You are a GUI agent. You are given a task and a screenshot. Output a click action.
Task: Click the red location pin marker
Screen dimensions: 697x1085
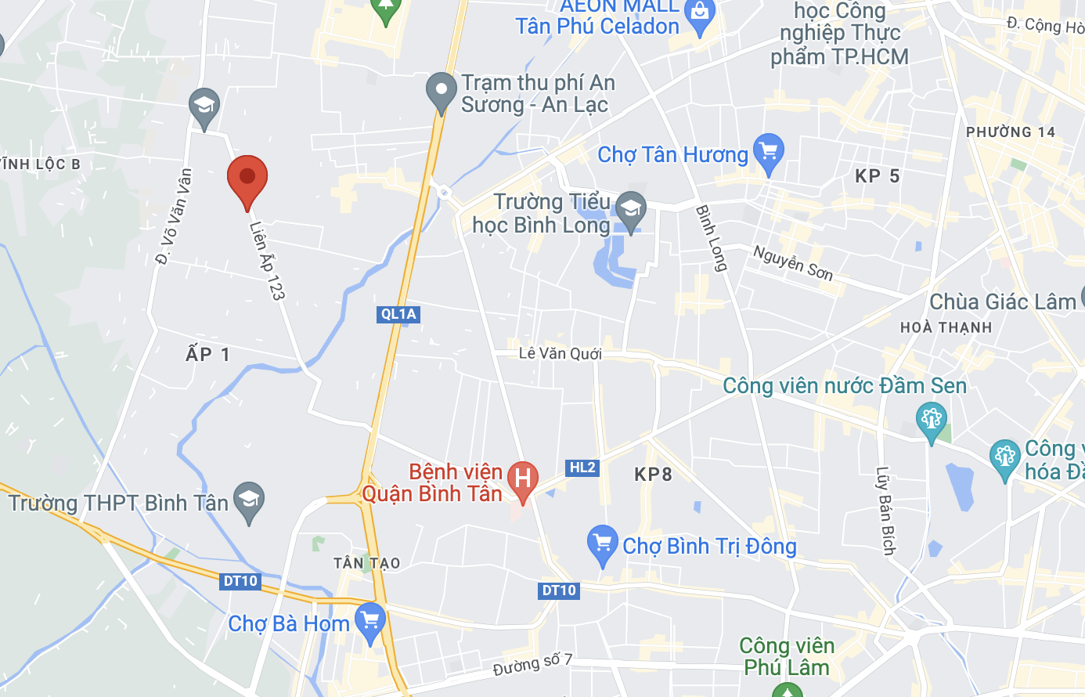coord(247,179)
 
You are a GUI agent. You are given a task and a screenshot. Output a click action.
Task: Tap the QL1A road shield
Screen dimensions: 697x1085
coord(398,314)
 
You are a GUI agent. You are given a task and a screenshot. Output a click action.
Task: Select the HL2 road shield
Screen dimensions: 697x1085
coord(582,468)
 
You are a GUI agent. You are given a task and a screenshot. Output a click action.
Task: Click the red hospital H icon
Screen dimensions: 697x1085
coord(522,478)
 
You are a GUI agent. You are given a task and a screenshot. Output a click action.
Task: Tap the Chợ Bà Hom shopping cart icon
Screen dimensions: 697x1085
coord(369,621)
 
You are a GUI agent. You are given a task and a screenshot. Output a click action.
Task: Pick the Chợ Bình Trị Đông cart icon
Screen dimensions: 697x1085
coord(602,543)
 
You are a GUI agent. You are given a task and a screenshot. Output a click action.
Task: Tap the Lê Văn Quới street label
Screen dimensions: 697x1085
coord(561,353)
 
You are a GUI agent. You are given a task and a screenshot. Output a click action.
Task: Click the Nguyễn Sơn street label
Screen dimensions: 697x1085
coord(792,262)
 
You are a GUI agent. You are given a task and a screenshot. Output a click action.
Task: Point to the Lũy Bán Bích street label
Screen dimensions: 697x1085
coord(885,511)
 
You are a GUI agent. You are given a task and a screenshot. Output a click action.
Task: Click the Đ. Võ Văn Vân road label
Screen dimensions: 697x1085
coord(174,217)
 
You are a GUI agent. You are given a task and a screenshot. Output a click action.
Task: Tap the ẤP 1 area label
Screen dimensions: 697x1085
coord(207,354)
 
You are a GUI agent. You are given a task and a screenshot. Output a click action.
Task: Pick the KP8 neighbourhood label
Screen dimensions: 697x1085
coord(653,474)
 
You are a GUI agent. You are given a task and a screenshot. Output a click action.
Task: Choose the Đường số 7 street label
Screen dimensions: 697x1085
coord(532,665)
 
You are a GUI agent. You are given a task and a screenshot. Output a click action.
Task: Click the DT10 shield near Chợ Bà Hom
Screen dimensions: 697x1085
coord(240,581)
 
